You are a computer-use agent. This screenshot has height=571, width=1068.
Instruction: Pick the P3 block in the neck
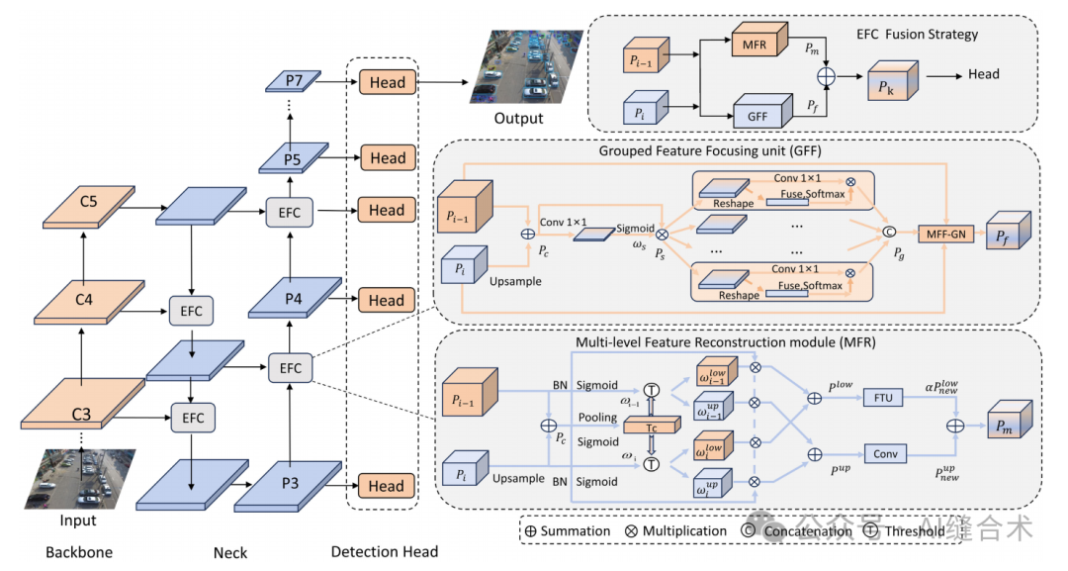[x=289, y=485]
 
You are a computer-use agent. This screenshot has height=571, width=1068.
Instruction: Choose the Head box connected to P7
[x=388, y=83]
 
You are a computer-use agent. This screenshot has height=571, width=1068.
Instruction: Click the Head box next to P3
[x=388, y=486]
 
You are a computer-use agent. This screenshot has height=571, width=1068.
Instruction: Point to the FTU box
[x=883, y=398]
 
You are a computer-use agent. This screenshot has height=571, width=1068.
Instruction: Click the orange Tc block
[x=653, y=426]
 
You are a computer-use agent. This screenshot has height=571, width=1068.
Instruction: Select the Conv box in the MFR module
[x=884, y=454]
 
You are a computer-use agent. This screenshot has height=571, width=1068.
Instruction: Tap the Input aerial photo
[x=77, y=479]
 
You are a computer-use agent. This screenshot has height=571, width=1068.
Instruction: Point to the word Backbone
[x=78, y=551]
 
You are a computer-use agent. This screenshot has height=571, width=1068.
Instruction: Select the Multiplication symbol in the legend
[x=631, y=531]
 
